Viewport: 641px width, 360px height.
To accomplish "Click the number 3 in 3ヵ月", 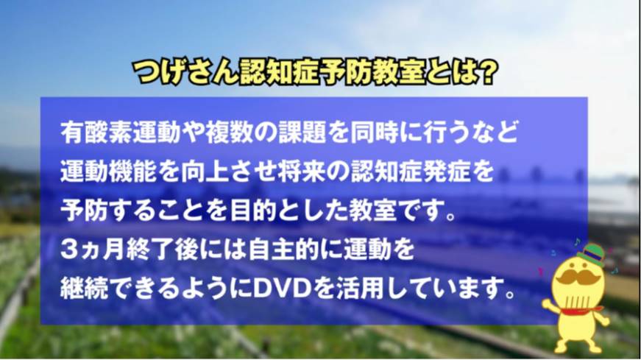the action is tap(68, 250).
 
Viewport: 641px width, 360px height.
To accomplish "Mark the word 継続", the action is tap(85, 289).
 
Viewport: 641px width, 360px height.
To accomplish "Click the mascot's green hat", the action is tap(591, 255).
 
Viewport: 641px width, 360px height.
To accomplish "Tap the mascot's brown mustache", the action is tap(578, 278).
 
